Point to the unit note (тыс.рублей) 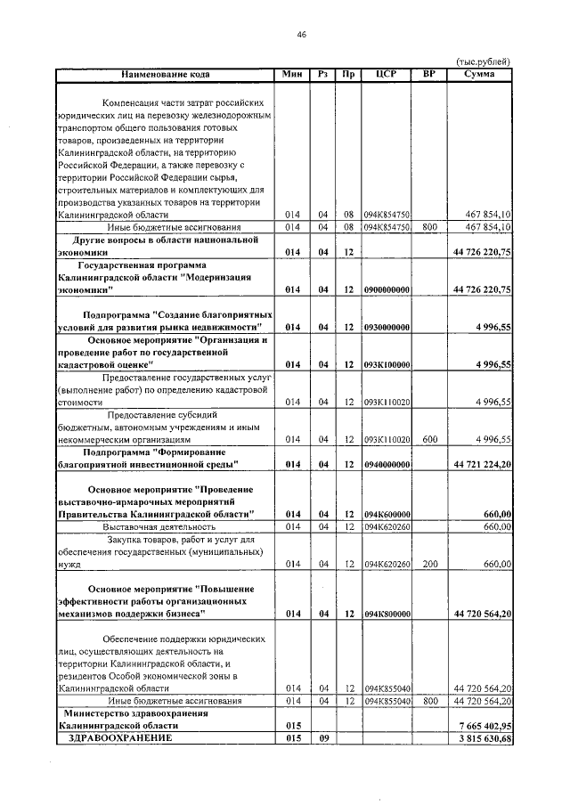coord(483,61)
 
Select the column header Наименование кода coord(166,73)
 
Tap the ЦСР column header coord(387,73)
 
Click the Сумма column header coord(481,73)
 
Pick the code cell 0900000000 coord(387,290)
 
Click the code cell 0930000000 coord(387,328)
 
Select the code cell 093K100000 coord(387,365)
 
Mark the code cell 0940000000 coord(387,465)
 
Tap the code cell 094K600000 coord(387,515)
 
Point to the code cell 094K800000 coord(387,615)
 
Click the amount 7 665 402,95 coord(481,727)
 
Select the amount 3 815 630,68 coord(481,739)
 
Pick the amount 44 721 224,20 coord(481,465)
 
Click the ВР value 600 coord(428,439)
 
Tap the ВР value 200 coord(428,565)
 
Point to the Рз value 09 coord(324,739)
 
